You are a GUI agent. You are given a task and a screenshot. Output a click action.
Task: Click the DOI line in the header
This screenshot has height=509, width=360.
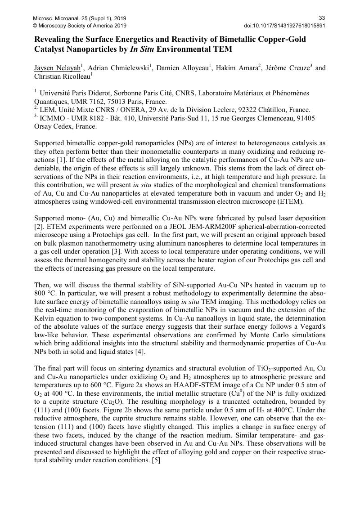284,26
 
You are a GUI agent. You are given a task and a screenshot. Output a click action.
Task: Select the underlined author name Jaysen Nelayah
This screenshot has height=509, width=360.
58,68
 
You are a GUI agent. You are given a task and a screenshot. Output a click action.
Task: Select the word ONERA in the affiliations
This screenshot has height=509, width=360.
124,110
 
